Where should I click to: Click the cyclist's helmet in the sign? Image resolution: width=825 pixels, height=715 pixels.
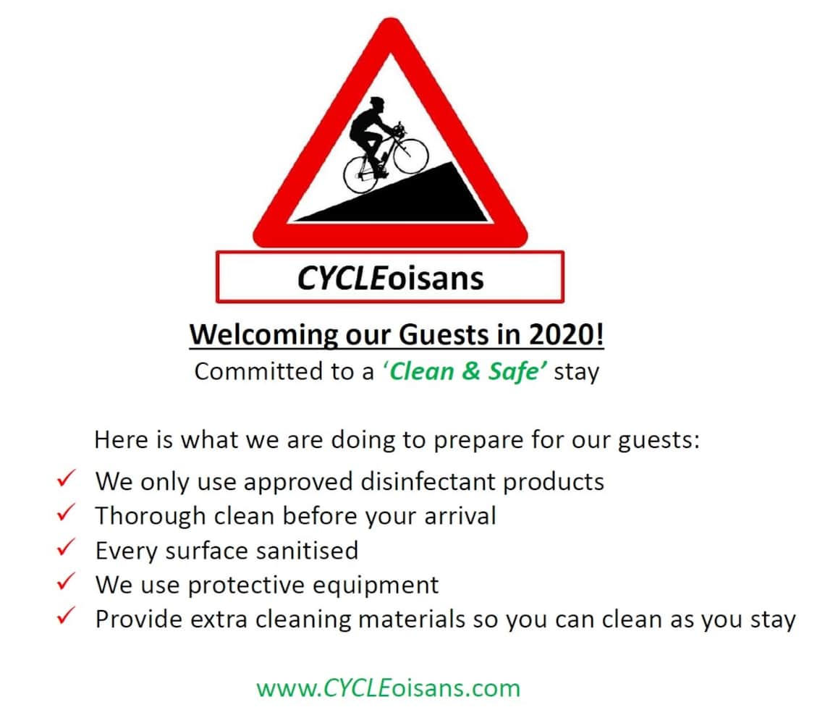pyautogui.click(x=377, y=102)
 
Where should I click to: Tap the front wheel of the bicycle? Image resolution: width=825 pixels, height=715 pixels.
pyautogui.click(x=411, y=156)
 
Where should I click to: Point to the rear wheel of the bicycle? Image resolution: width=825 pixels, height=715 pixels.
pyautogui.click(x=361, y=175)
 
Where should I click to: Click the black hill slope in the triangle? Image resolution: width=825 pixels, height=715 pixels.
pyautogui.click(x=400, y=198)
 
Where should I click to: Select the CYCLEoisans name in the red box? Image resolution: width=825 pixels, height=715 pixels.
pyautogui.click(x=390, y=278)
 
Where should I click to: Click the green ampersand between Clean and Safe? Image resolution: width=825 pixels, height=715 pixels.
pyautogui.click(x=471, y=371)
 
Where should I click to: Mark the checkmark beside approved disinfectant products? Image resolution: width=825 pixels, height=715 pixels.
pyautogui.click(x=67, y=478)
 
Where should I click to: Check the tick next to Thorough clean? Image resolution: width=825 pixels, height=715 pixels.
pyautogui.click(x=67, y=512)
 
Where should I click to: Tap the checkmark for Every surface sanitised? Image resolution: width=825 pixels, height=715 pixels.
pyautogui.click(x=67, y=547)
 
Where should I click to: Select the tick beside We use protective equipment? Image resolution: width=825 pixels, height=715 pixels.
pyautogui.click(x=67, y=581)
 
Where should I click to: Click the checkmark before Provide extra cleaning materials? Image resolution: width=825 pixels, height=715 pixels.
pyautogui.click(x=67, y=616)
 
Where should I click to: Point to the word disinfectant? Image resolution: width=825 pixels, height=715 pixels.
pyautogui.click(x=428, y=481)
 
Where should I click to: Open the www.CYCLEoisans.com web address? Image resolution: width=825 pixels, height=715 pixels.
pyautogui.click(x=389, y=688)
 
